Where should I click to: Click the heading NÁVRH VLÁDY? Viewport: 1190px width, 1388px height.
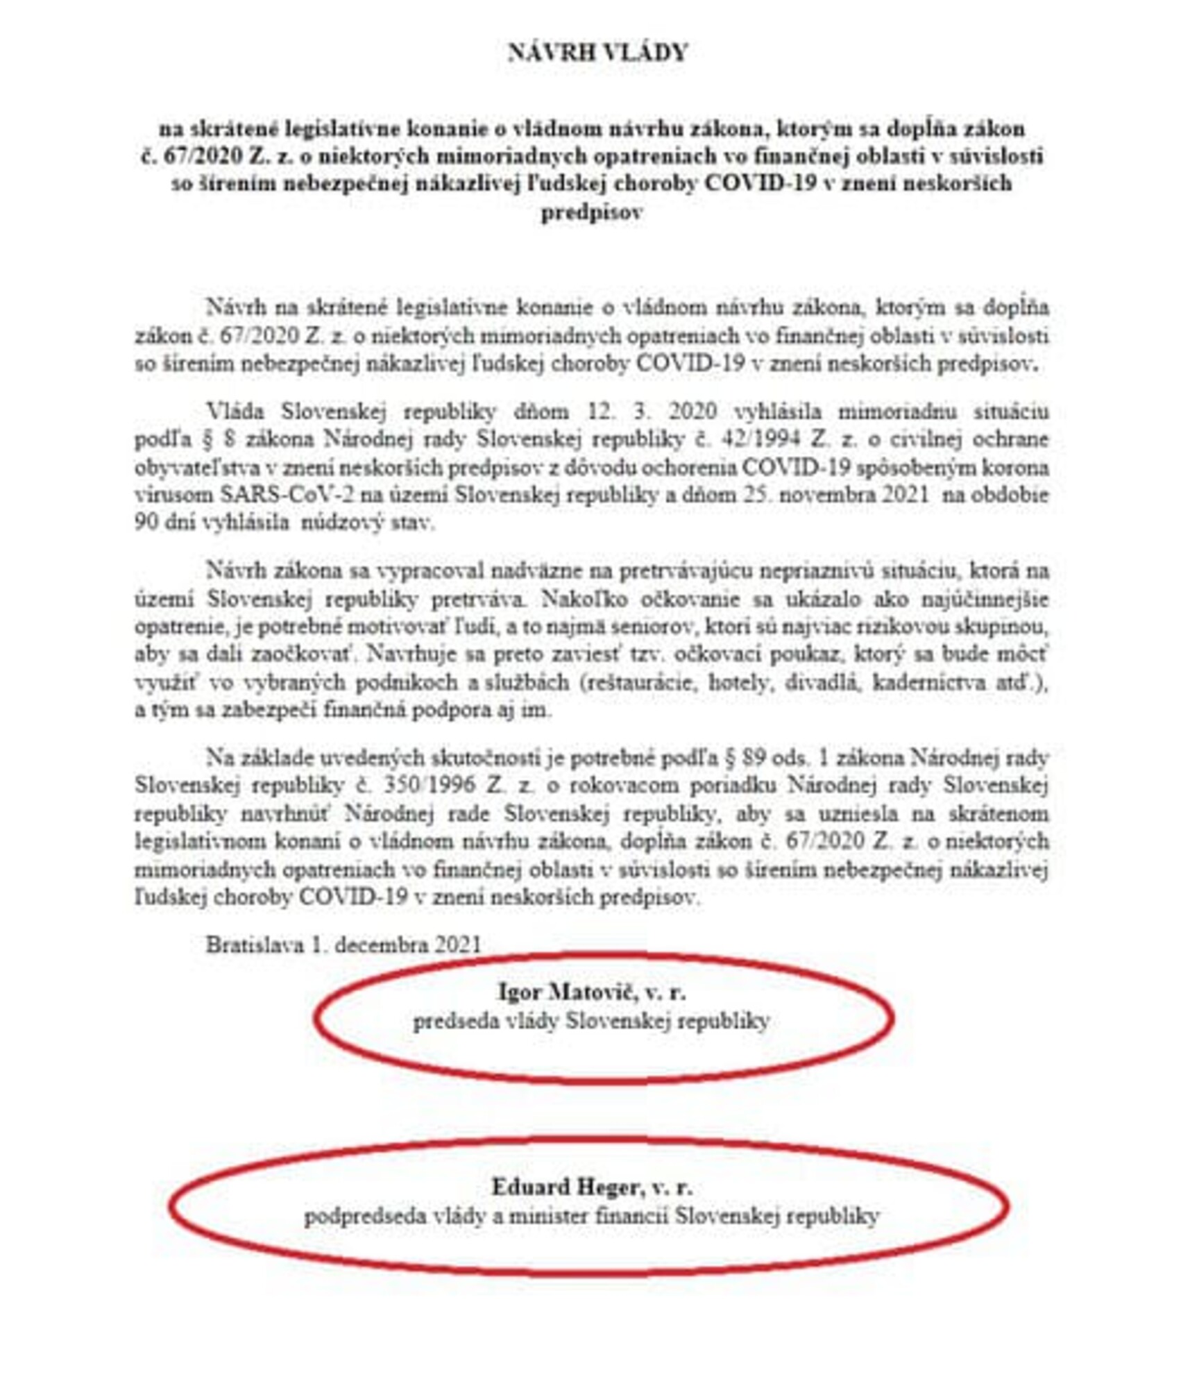pyautogui.click(x=597, y=53)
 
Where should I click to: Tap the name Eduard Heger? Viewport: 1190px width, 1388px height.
pyautogui.click(x=565, y=1187)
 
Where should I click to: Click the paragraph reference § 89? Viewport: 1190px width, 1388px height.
pyautogui.click(x=743, y=757)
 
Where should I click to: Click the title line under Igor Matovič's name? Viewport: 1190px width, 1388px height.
pyautogui.click(x=591, y=1022)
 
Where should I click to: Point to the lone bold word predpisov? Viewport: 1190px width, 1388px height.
pyautogui.click(x=591, y=212)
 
